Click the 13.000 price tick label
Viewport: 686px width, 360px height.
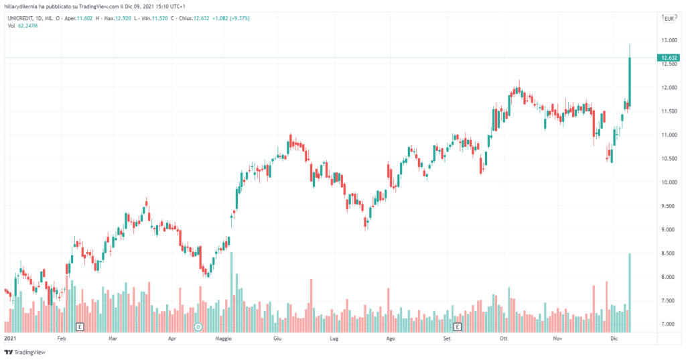click(669, 40)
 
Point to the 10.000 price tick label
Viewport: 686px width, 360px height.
click(669, 182)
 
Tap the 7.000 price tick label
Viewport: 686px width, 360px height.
click(669, 324)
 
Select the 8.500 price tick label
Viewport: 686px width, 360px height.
click(669, 253)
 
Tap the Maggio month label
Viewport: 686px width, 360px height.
click(223, 339)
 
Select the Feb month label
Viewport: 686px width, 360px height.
click(61, 339)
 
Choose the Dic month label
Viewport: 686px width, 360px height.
click(614, 339)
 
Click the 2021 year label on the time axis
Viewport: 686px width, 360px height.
click(9, 339)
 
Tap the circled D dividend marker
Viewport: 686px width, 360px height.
click(198, 326)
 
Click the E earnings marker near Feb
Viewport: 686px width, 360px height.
click(80, 326)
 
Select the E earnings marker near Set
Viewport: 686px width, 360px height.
click(458, 326)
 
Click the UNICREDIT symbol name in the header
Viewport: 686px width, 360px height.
click(22, 18)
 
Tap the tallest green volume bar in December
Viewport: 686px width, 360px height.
click(630, 292)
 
